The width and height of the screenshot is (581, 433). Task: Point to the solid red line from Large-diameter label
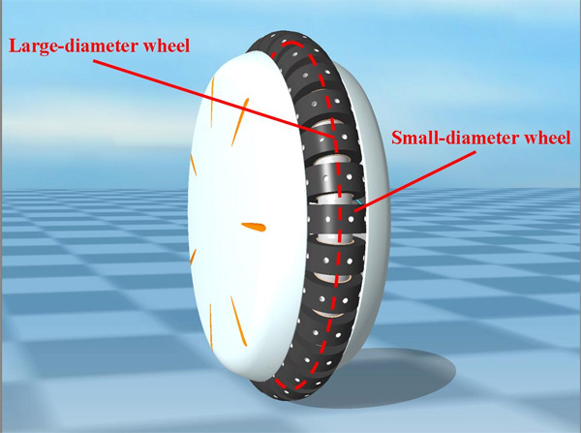tap(214, 99)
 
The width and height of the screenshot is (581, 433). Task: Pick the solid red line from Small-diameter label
tap(415, 181)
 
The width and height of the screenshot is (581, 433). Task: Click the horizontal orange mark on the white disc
tap(254, 227)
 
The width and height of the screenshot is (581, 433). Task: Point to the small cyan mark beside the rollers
tap(358, 201)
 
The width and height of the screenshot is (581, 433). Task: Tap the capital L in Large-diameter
tap(15, 46)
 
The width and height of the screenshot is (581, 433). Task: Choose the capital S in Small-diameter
tap(397, 138)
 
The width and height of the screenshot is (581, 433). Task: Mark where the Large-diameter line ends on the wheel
tap(335, 139)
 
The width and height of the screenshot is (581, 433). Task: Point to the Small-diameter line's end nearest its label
tap(475, 151)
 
